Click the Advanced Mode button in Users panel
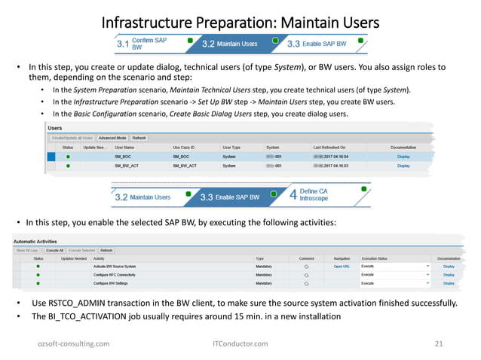tap(112, 139)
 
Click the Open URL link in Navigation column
tap(342, 266)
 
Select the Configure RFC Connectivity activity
tap(114, 275)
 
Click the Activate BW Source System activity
tap(115, 266)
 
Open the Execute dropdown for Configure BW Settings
tap(428, 284)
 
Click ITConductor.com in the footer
tap(240, 343)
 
